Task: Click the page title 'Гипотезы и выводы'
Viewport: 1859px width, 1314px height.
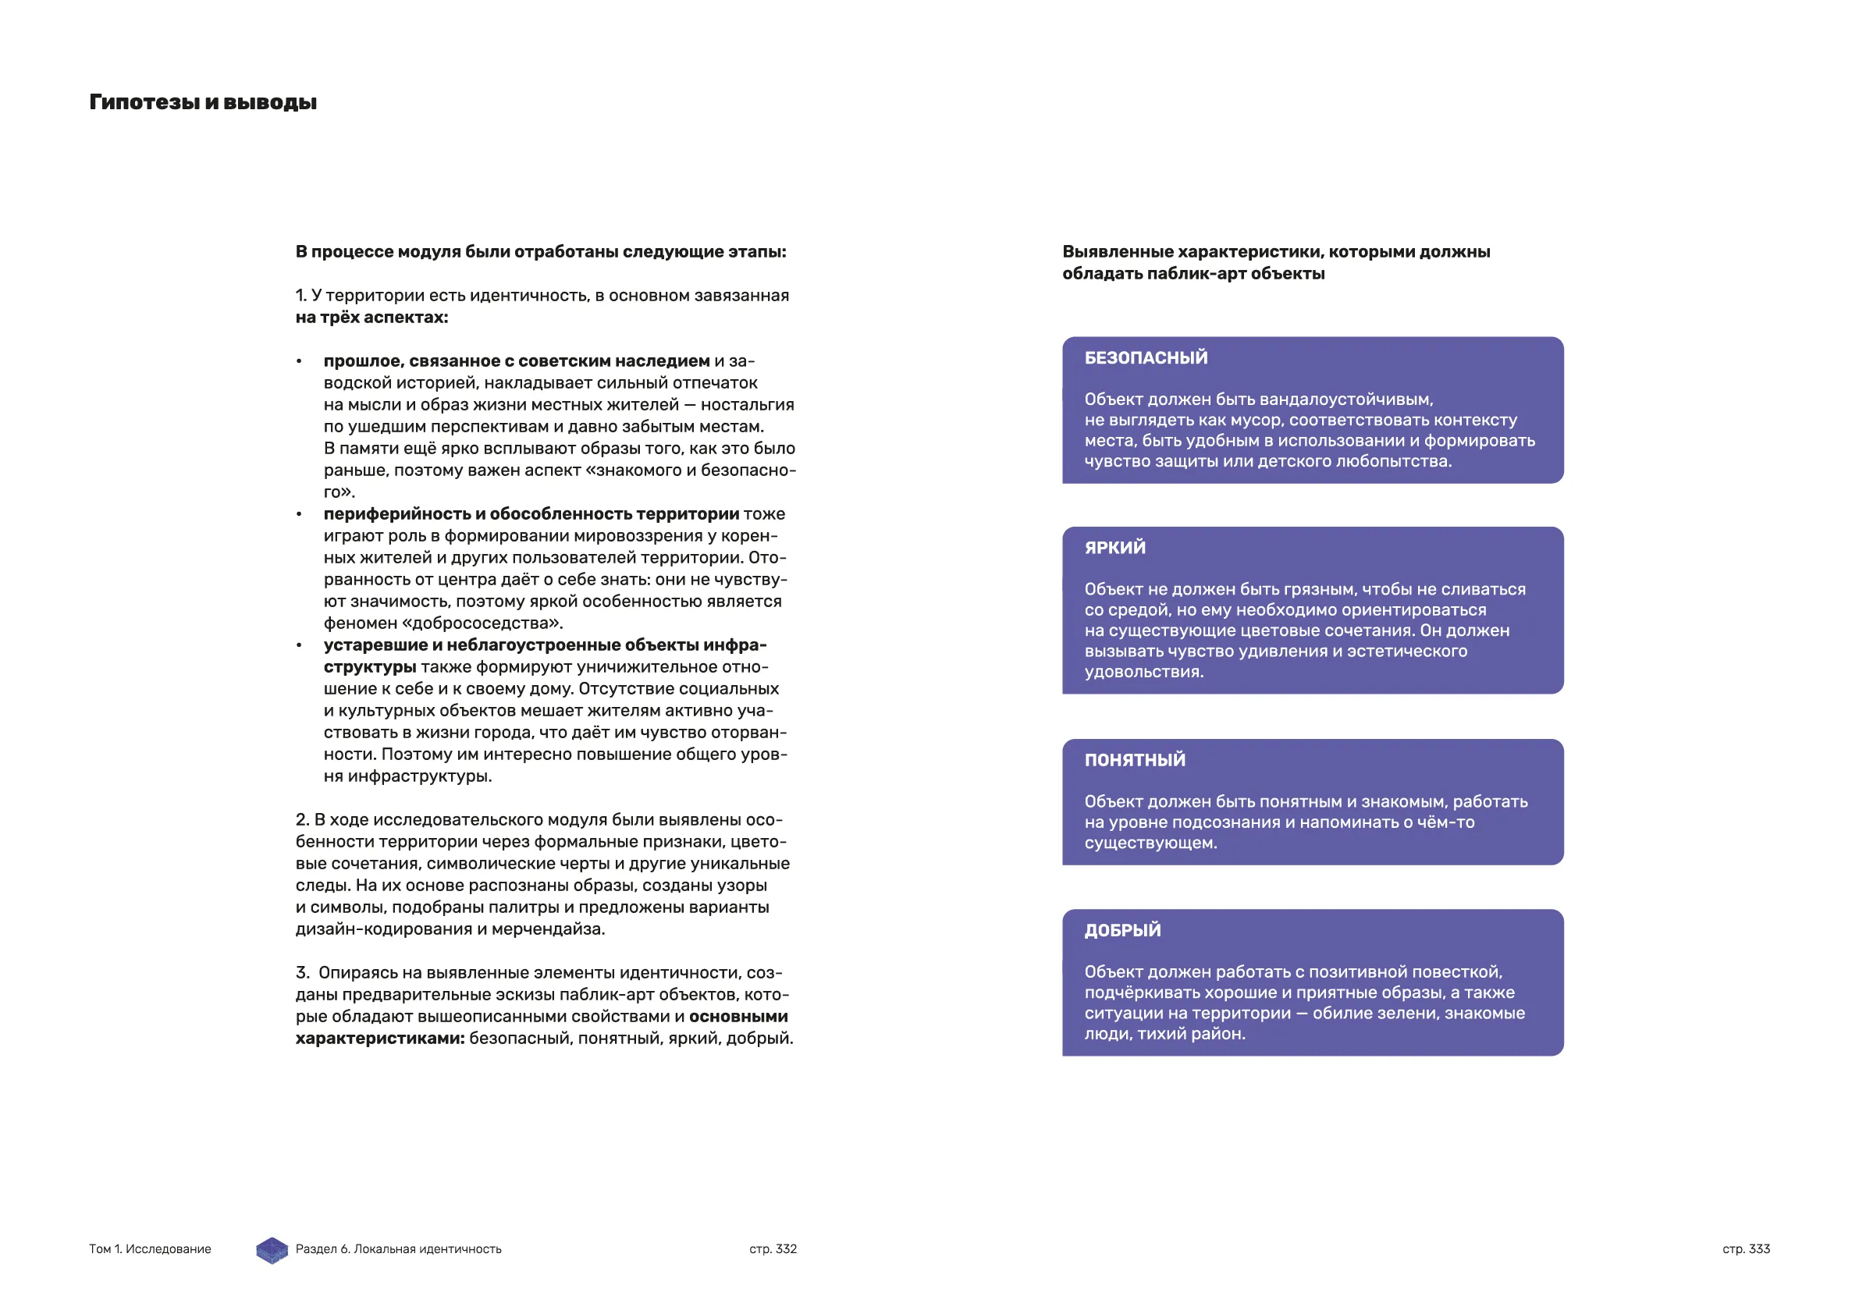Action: (202, 103)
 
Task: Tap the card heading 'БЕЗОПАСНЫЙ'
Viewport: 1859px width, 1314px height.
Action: (1146, 358)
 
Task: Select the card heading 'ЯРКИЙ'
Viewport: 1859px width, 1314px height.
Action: (1115, 548)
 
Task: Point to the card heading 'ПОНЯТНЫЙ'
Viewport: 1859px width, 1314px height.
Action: (1134, 760)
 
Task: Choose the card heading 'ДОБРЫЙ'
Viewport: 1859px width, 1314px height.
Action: (1122, 930)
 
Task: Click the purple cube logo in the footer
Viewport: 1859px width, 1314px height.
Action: (272, 1250)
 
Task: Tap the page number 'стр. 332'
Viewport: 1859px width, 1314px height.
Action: (773, 1249)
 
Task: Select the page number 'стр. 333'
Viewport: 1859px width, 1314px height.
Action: (1746, 1249)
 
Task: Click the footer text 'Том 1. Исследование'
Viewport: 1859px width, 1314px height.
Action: (150, 1249)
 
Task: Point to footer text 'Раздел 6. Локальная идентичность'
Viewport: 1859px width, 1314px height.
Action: (398, 1249)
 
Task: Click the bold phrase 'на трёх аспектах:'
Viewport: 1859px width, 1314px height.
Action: (371, 318)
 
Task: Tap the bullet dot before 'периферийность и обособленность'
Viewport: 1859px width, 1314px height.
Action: (300, 515)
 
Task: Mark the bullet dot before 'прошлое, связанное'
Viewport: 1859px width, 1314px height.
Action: (300, 362)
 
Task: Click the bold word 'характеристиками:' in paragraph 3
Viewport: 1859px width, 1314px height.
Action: (380, 1039)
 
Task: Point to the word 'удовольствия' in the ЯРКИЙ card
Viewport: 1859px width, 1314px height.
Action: (1143, 672)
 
